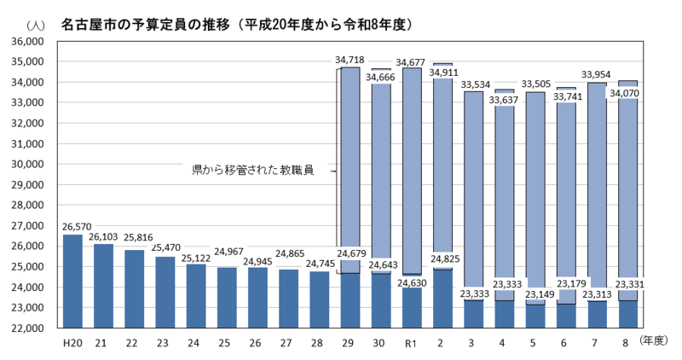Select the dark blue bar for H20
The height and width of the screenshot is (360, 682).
coord(72,282)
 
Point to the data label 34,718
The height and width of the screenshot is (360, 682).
coord(350,60)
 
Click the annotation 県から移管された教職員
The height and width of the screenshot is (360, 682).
coord(253,171)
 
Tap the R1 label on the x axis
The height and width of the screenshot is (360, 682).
coord(411,342)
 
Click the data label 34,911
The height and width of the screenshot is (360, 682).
coord(444,73)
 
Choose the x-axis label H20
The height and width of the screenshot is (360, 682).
coord(72,342)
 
